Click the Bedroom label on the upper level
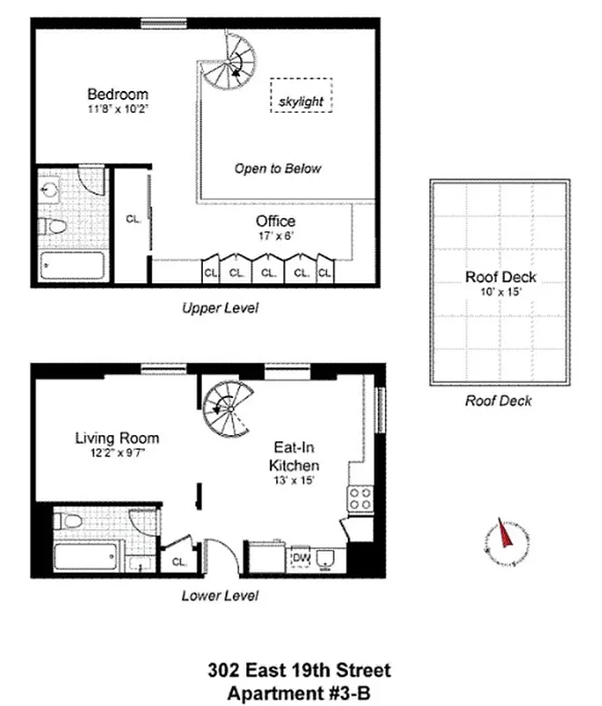click(x=117, y=94)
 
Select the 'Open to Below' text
click(x=277, y=169)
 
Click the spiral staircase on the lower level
click(x=226, y=407)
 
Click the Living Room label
click(x=117, y=438)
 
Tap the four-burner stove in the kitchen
click(x=359, y=499)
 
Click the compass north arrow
click(x=505, y=537)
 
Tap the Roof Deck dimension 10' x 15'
click(x=500, y=292)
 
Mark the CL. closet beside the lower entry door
click(x=178, y=560)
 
